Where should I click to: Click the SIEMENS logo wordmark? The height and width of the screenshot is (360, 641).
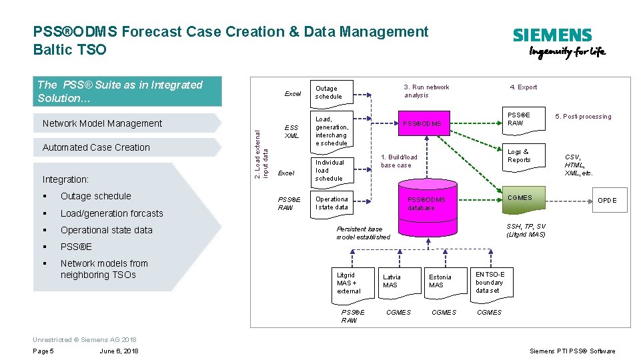click(552, 35)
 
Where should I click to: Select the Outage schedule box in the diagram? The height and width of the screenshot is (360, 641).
click(330, 92)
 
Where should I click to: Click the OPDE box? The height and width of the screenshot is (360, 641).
click(606, 200)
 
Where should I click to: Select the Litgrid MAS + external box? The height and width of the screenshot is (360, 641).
click(351, 283)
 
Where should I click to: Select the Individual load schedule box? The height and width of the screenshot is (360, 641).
click(330, 170)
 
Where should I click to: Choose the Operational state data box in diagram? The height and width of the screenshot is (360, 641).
click(332, 203)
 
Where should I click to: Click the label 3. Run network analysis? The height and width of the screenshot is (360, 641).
click(426, 91)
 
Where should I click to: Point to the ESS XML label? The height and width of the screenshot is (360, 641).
click(291, 131)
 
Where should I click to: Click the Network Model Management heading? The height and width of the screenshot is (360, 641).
click(102, 123)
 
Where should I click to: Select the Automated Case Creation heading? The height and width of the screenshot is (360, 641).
click(96, 147)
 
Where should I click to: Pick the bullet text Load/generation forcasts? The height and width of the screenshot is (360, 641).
click(111, 213)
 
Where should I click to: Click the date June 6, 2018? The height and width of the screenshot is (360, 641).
click(119, 351)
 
